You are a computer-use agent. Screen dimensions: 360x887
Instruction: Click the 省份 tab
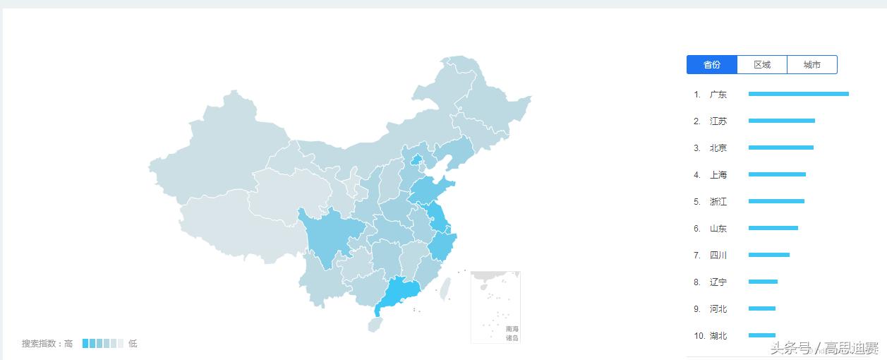pyautogui.click(x=712, y=65)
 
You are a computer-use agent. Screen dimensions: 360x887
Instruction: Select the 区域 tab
pyautogui.click(x=762, y=65)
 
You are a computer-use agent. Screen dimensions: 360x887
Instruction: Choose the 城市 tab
pyautogui.click(x=812, y=65)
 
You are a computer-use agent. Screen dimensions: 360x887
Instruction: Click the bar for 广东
pyautogui.click(x=798, y=94)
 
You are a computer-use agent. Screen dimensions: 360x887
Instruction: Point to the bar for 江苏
pyautogui.click(x=781, y=121)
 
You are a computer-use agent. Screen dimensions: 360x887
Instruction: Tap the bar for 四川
pyautogui.click(x=768, y=255)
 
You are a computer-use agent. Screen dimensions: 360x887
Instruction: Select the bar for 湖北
pyautogui.click(x=761, y=335)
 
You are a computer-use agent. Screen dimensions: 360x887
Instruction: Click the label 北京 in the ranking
pyautogui.click(x=718, y=148)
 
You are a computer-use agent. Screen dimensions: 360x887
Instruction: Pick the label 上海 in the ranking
pyautogui.click(x=718, y=175)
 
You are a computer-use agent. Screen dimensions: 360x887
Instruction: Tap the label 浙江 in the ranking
pyautogui.click(x=718, y=202)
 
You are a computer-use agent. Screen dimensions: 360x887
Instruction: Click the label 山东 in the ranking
pyautogui.click(x=718, y=229)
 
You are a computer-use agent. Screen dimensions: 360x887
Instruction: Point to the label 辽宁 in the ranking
pyautogui.click(x=718, y=282)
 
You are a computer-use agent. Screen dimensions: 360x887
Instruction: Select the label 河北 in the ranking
pyautogui.click(x=718, y=309)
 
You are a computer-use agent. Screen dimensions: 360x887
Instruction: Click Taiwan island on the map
pyautogui.click(x=445, y=289)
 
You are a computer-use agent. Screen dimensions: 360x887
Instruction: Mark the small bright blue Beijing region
pyautogui.click(x=416, y=160)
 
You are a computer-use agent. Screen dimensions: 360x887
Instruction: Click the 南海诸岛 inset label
pyautogui.click(x=512, y=333)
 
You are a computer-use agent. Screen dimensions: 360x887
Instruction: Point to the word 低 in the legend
pyautogui.click(x=133, y=344)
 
